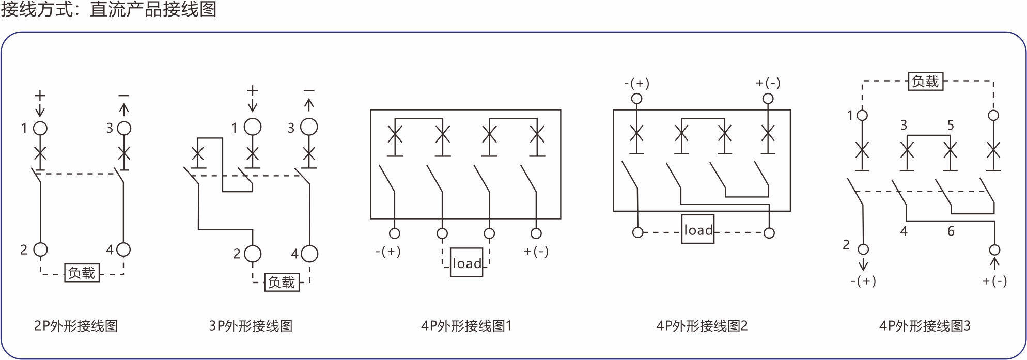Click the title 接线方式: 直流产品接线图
point(108,9)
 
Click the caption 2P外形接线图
point(76,326)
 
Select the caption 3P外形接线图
point(251,326)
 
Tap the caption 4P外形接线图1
point(466,326)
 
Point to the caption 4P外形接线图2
point(702,326)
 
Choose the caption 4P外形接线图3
point(925,326)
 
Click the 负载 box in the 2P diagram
point(82,273)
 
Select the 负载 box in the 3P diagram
point(282,282)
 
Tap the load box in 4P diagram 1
point(466,263)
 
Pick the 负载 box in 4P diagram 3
point(925,82)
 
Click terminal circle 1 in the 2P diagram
point(40,128)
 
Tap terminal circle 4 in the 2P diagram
point(123,249)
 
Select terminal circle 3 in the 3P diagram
point(309,127)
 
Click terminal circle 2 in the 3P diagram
point(253,254)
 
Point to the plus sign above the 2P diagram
point(40,96)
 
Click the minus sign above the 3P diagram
point(309,91)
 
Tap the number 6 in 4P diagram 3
point(951,231)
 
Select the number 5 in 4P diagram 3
point(951,125)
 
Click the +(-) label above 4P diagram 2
point(768,83)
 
